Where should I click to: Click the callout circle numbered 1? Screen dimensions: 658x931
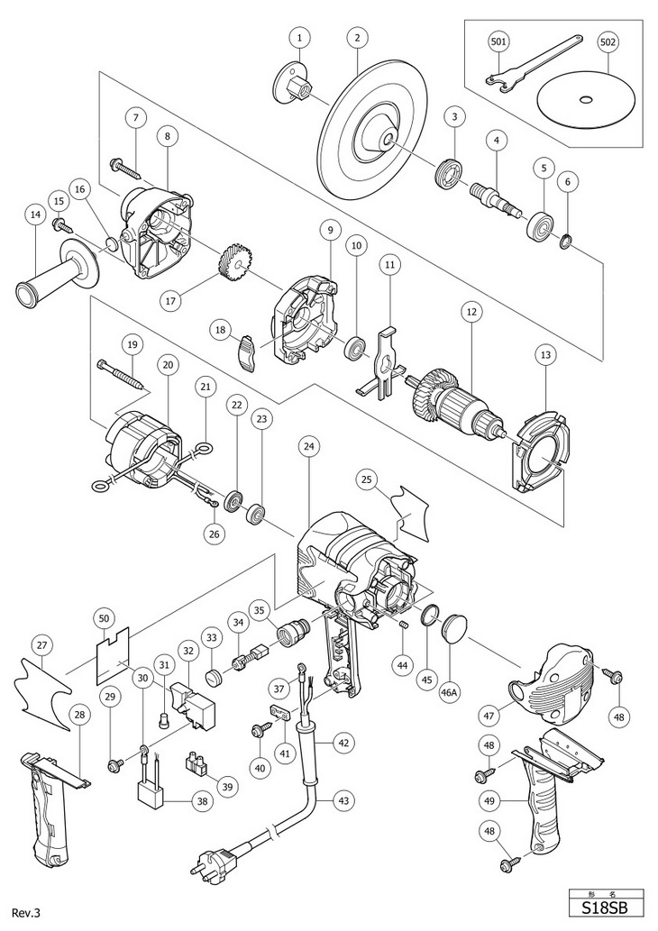(299, 38)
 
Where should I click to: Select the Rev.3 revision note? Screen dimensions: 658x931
(26, 913)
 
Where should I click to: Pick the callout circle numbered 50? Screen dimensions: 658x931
(104, 618)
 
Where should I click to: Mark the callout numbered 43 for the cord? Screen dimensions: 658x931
(343, 799)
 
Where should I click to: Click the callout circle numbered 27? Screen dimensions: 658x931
(42, 645)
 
